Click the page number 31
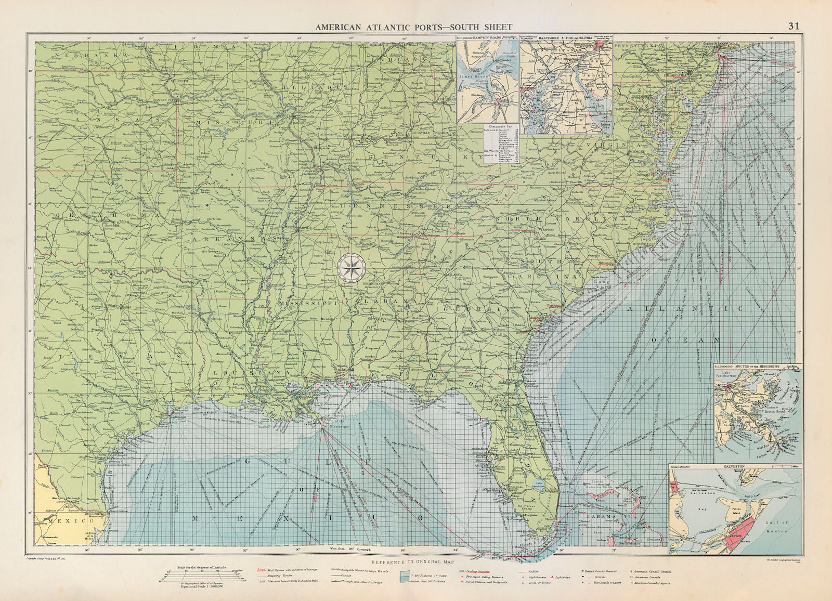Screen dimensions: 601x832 (x=794, y=26)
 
